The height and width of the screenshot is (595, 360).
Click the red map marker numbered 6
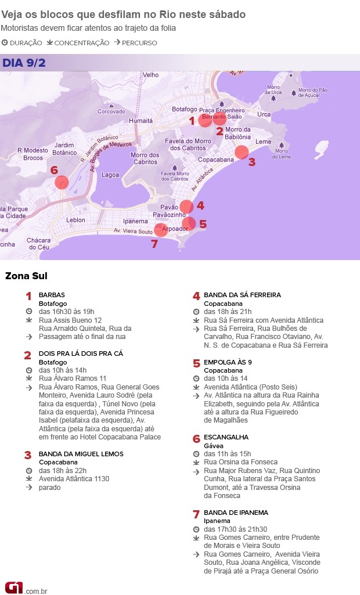(62, 182)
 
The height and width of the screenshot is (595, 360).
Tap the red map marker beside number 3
(242, 153)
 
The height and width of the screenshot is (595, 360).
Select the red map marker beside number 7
(161, 230)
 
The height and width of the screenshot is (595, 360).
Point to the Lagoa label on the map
(110, 175)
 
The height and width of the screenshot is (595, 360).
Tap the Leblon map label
(75, 220)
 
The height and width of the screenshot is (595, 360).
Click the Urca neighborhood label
(264, 114)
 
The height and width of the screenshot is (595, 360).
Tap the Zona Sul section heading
(26, 276)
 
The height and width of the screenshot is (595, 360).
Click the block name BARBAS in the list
(52, 295)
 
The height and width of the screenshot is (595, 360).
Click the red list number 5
(196, 364)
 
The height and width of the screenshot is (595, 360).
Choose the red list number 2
(28, 355)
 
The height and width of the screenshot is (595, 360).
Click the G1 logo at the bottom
(13, 587)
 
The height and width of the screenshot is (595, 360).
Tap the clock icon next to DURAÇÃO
(5, 42)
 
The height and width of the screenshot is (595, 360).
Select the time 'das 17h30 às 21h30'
(235, 529)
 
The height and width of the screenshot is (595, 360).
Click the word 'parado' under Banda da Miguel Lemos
(49, 488)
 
